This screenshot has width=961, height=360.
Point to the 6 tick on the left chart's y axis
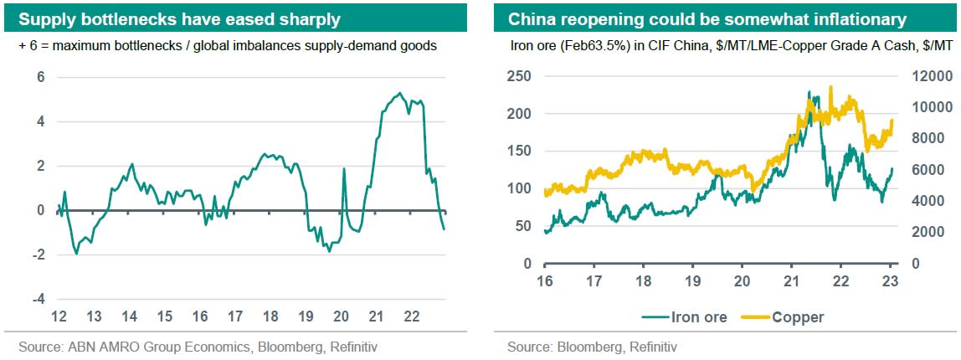(x=39, y=78)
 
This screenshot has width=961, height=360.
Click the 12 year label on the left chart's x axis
(x=59, y=316)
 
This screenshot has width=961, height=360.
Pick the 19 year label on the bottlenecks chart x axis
(x=306, y=316)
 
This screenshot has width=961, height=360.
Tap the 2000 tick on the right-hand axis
(x=928, y=232)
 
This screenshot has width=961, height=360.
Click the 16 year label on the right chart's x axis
(x=544, y=280)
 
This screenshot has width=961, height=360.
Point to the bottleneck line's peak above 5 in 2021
(x=400, y=93)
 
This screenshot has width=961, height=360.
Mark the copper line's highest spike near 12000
(x=830, y=86)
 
